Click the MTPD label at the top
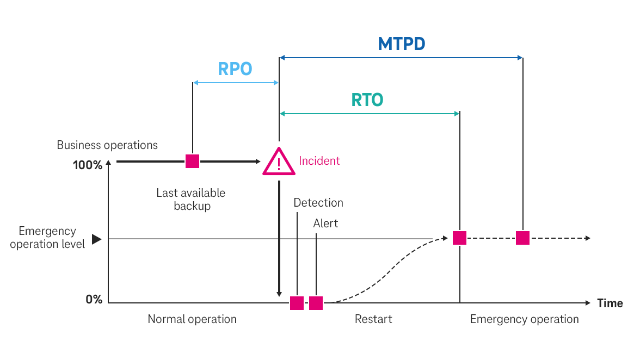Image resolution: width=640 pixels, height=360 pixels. click(x=402, y=44)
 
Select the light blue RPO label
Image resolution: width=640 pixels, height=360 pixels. click(x=235, y=69)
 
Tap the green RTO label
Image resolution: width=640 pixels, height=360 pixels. click(x=367, y=100)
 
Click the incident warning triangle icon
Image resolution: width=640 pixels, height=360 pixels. click(x=279, y=163)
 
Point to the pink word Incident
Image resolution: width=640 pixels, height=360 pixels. click(x=319, y=161)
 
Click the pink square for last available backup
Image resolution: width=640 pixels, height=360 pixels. click(x=192, y=161)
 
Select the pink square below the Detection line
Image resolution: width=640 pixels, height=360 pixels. click(x=297, y=303)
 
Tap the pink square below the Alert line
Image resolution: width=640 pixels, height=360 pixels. click(x=316, y=303)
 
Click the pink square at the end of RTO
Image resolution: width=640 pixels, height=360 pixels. click(x=460, y=238)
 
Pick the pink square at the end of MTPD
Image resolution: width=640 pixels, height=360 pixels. click(x=522, y=238)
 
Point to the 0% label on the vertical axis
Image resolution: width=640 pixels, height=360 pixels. click(x=94, y=300)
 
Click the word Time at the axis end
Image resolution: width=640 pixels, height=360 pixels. click(x=610, y=303)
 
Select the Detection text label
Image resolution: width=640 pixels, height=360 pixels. click(x=318, y=203)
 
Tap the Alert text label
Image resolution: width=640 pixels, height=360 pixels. click(x=325, y=224)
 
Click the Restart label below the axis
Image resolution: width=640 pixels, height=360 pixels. click(x=373, y=319)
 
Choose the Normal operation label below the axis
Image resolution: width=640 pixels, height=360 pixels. click(x=192, y=319)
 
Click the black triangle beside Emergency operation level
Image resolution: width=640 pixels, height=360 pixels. click(x=96, y=239)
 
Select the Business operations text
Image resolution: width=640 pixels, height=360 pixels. click(x=107, y=145)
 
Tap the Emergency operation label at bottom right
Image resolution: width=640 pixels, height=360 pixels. click(x=524, y=319)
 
